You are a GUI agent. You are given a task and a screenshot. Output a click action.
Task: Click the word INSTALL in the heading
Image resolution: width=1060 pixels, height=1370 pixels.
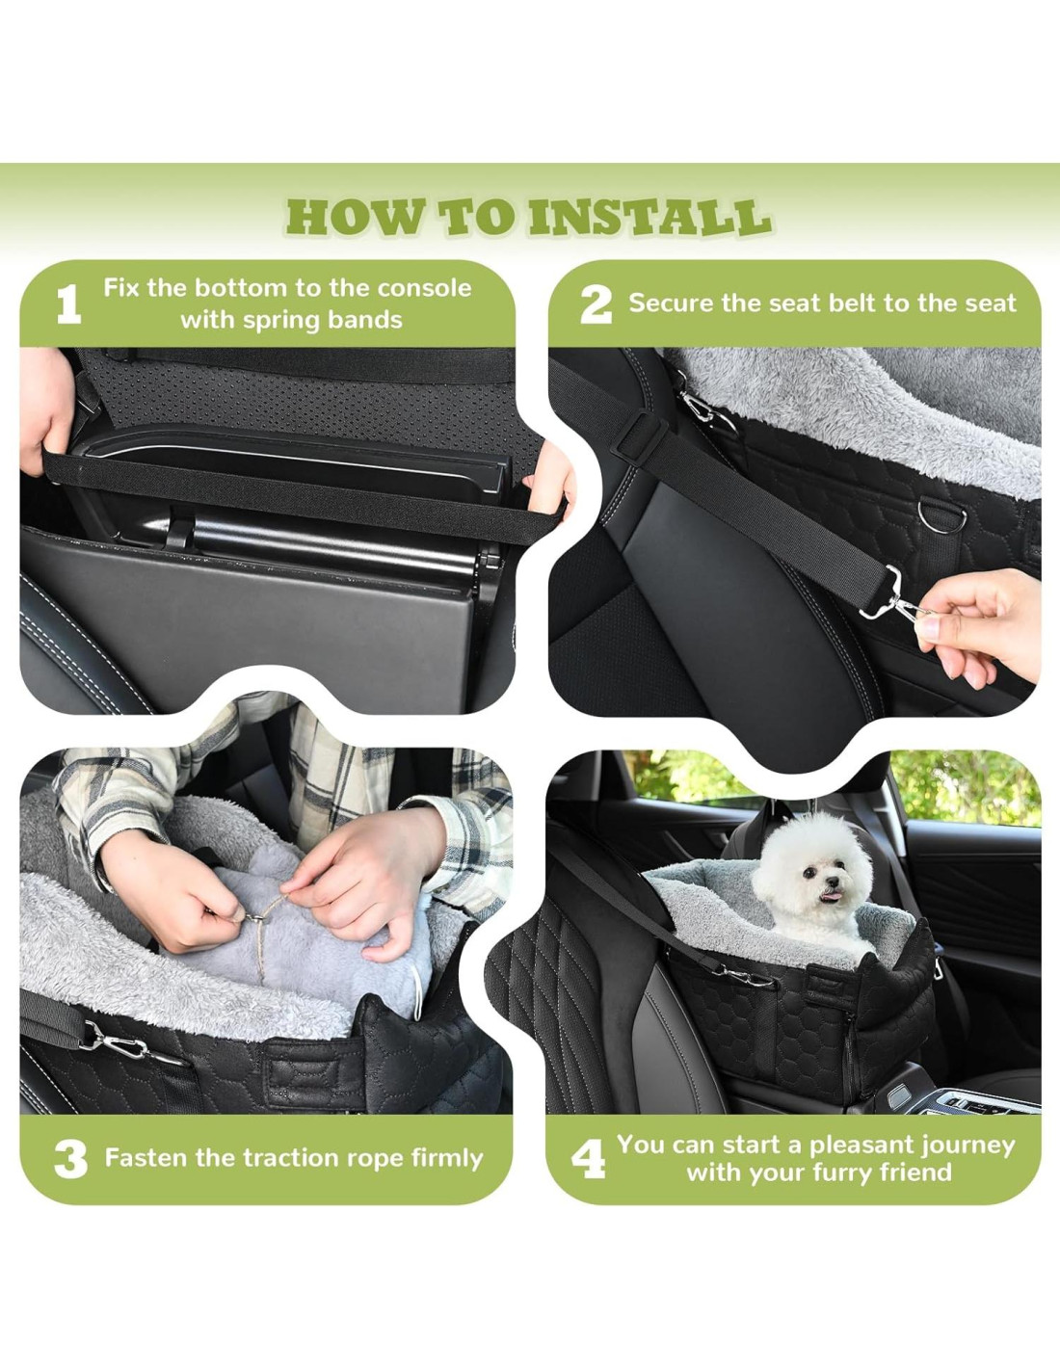coord(649,218)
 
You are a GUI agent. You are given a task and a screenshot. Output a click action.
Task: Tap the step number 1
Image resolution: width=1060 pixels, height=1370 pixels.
coord(68,304)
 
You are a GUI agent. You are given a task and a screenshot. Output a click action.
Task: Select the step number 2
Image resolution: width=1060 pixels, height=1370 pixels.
coord(596,305)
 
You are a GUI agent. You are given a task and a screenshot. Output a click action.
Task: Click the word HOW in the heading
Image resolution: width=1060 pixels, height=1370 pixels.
coord(353,218)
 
